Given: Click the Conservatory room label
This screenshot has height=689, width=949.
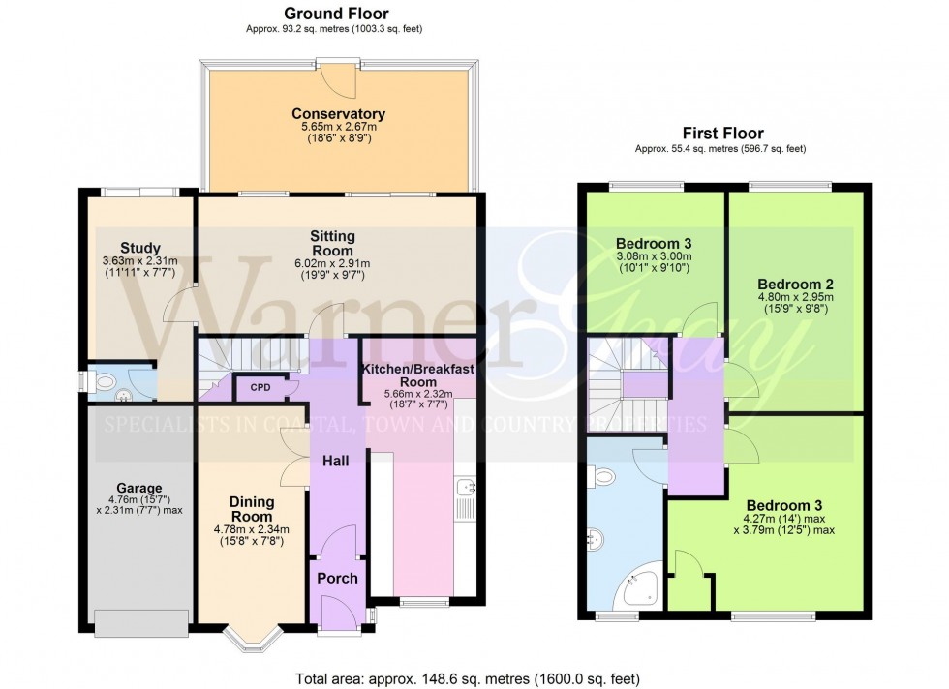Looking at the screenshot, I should (338, 114).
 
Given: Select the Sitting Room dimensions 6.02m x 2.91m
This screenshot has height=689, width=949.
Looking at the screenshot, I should (332, 264).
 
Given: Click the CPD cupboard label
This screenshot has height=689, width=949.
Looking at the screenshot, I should (260, 388).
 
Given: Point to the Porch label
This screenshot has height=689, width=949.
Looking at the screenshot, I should (338, 579).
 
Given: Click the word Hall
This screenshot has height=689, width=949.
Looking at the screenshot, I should (336, 461).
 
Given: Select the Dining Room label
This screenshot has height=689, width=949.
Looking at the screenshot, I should (252, 509).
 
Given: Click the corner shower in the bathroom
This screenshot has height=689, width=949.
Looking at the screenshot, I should (639, 586).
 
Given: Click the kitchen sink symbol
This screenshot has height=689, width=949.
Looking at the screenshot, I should (464, 486).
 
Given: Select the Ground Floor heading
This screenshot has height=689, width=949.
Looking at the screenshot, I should (335, 14).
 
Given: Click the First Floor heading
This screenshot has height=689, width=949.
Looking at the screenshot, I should (720, 134).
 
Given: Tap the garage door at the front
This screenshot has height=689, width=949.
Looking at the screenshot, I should (141, 623).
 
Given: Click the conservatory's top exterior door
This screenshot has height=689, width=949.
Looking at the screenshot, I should (336, 63).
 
